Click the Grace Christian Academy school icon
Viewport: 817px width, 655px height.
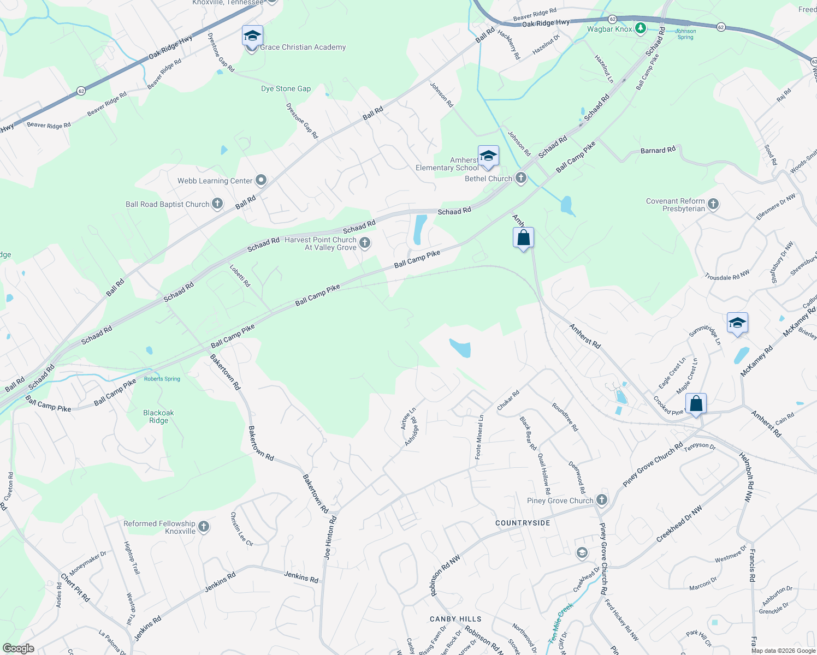tap(252, 37)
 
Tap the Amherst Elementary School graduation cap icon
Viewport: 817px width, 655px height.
tap(488, 157)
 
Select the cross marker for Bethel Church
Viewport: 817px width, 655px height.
tap(521, 178)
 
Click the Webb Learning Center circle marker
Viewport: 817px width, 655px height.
tap(261, 180)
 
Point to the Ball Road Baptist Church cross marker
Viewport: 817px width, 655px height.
tap(217, 204)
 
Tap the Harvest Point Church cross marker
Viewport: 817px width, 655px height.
tap(365, 243)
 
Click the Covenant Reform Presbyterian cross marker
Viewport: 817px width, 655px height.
tap(713, 205)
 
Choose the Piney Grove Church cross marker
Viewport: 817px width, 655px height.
tap(602, 500)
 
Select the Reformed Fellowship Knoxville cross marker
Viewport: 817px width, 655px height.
tap(204, 527)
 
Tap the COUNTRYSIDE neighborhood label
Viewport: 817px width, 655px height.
tap(523, 523)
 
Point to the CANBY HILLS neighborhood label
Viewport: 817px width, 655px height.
tap(455, 619)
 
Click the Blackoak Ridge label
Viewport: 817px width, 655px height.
tap(158, 416)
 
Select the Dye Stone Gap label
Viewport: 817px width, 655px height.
tap(286, 88)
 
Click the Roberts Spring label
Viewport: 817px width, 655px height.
tap(162, 379)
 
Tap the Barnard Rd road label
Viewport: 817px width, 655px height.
tap(658, 150)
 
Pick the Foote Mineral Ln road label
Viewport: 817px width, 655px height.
tap(479, 437)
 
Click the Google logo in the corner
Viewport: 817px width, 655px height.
tap(18, 648)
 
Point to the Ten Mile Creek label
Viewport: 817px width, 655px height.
tap(561, 622)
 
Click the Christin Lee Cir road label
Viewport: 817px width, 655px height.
tap(241, 529)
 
